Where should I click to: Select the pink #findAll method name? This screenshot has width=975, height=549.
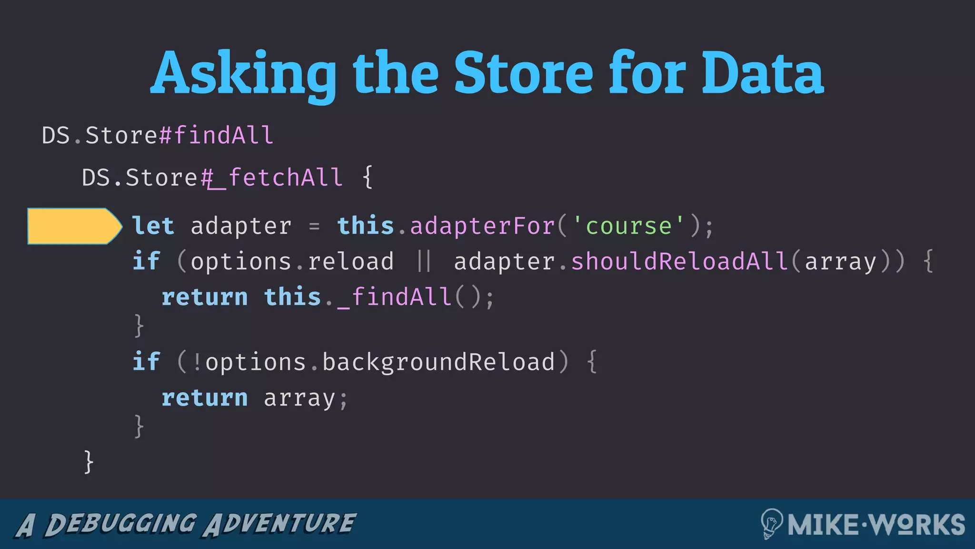point(217,135)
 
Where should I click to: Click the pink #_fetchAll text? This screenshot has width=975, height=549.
point(272,178)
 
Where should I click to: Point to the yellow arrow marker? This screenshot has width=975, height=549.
point(74,226)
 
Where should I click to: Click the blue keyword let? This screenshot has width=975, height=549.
point(153,226)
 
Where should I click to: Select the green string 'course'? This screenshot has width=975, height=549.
point(628,226)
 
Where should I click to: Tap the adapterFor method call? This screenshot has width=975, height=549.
point(482,226)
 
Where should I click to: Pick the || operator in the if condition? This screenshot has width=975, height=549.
point(424,262)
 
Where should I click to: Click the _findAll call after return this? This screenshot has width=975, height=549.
point(395,297)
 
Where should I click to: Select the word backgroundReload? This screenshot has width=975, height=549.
point(438,362)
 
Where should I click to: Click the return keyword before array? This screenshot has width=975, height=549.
point(205,398)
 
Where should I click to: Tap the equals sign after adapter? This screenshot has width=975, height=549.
point(314,226)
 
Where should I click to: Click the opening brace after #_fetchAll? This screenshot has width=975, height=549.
point(368,178)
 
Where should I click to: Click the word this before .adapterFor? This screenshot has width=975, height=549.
point(366,226)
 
